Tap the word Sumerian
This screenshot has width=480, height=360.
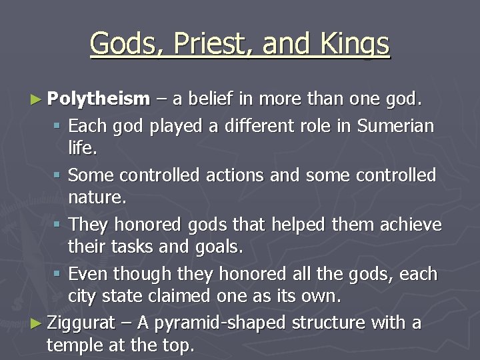[x=395, y=125]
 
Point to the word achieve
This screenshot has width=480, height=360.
[x=411, y=225]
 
